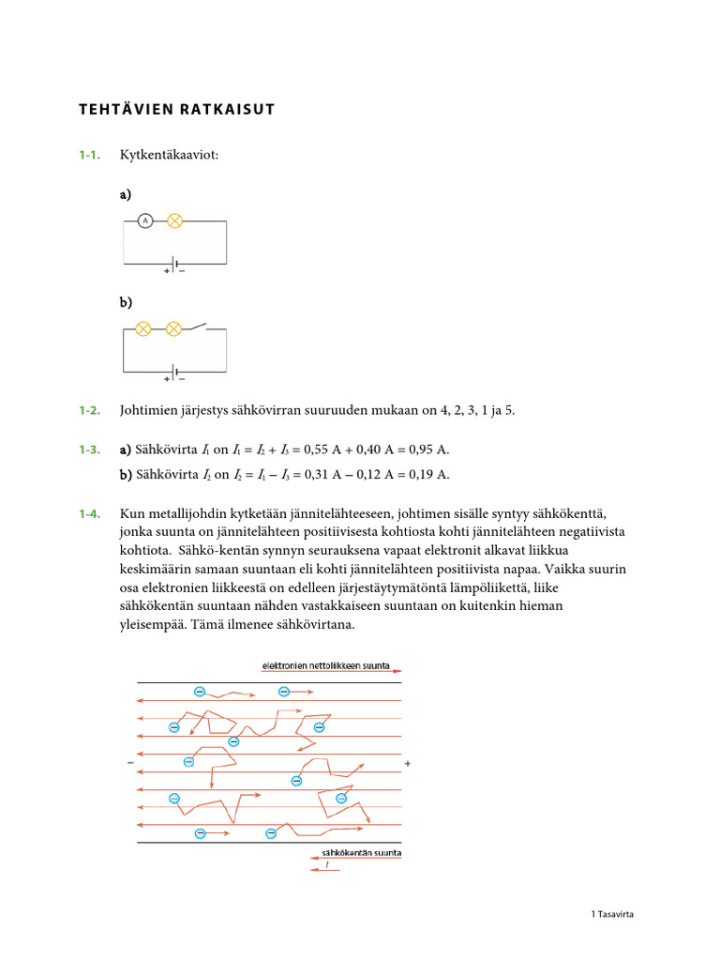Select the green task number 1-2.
[90, 410]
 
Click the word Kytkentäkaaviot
[169, 154]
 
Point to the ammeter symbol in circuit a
[144, 221]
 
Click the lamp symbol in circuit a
[173, 221]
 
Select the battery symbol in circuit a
[174, 262]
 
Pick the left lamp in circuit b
[143, 328]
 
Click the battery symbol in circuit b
[174, 370]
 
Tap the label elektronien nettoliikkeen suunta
[325, 665]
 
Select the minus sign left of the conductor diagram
[130, 764]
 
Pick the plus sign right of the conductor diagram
[408, 764]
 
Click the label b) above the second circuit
[126, 302]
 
